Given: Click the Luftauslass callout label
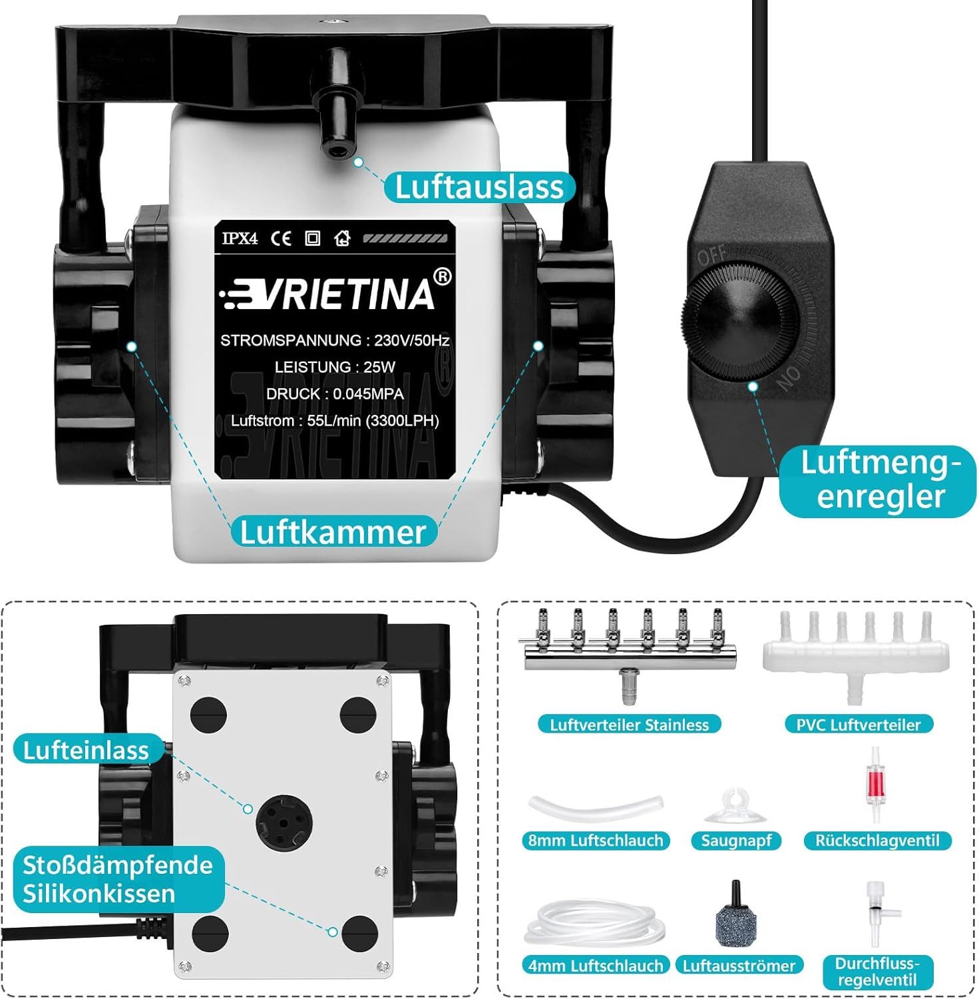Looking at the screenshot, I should [479, 187].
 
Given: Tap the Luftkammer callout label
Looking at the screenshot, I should [333, 531].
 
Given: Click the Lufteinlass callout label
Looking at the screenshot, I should [87, 750].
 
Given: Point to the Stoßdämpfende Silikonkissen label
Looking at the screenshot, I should [118, 878].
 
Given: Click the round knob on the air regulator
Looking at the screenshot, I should [739, 320].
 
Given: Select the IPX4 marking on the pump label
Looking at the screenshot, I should [240, 238].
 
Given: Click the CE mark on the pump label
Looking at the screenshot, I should [281, 238].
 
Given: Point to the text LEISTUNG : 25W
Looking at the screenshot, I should [335, 367].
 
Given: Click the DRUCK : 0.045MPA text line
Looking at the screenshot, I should [335, 394].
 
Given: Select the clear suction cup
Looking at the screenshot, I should [735, 807].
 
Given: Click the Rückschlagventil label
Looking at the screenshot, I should [877, 840].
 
